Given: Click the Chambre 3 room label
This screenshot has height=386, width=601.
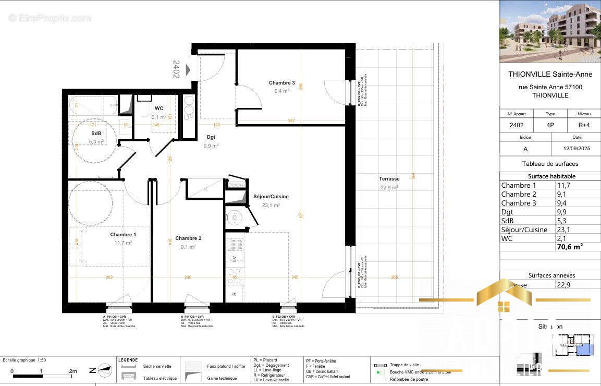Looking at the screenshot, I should click(281, 83).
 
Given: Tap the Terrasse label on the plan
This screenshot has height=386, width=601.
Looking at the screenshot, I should click(389, 179).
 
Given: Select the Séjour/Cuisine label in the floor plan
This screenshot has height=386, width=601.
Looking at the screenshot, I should click(271, 197).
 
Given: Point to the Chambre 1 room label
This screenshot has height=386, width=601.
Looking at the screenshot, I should click(123, 235).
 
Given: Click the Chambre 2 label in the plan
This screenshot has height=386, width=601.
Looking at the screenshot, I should click(188, 238).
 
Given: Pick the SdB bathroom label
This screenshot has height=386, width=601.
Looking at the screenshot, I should click(95, 134).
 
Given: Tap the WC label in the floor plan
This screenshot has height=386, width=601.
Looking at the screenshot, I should click(159, 108).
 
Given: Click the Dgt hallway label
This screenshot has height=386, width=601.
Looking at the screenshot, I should click(211, 137).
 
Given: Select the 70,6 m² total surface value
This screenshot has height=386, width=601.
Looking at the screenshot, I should click(570, 247).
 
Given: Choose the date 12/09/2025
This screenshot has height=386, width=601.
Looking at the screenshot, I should click(577, 149).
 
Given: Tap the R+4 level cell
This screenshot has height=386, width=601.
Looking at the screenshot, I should click(584, 125).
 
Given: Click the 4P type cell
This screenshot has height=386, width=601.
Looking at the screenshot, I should click(550, 125).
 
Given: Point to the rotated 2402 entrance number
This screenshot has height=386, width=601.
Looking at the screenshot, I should click(176, 69).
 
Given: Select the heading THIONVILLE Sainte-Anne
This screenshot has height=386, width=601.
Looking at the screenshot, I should click(550, 74).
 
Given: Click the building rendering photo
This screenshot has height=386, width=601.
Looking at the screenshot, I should click(550, 31).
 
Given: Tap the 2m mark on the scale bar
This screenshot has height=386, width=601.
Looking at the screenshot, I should click(73, 371).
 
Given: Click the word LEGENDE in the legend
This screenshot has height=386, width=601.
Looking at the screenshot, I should click(128, 360).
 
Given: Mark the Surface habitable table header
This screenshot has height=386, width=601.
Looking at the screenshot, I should click(551, 176).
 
